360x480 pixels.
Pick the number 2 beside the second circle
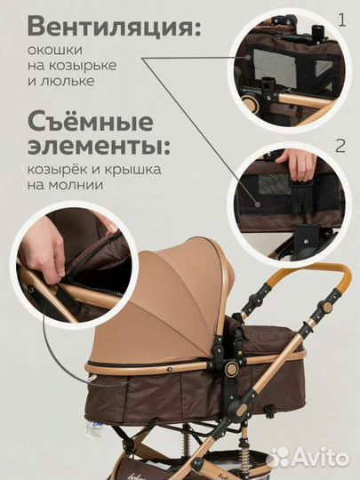tap(341, 144)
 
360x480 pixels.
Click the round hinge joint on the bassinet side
tap(230, 367)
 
